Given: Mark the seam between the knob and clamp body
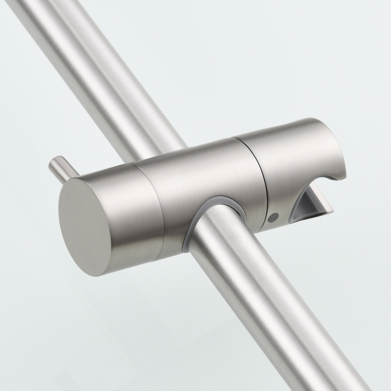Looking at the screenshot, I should [x=149, y=207].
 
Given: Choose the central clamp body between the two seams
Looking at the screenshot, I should [x=195, y=172].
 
